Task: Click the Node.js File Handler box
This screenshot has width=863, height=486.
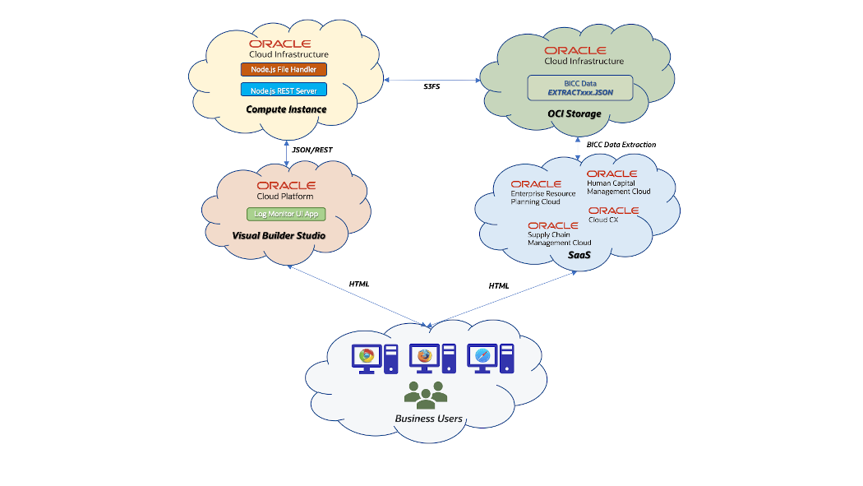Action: [284, 69]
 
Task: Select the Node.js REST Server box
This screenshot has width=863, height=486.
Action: [284, 90]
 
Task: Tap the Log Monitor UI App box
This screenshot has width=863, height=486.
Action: [285, 214]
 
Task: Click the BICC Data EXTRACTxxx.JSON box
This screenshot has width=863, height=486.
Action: [580, 88]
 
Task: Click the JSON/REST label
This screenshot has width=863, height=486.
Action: [312, 150]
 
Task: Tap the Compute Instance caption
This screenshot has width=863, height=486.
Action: [286, 109]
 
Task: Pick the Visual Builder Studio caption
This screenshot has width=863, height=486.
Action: [279, 236]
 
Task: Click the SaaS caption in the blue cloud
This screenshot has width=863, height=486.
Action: [580, 256]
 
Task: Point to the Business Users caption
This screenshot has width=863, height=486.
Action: [428, 419]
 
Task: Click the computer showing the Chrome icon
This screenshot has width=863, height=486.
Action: [367, 358]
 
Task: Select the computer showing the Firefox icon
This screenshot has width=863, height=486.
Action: [424, 358]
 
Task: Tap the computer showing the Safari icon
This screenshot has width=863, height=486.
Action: [482, 358]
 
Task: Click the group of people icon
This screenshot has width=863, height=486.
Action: [426, 395]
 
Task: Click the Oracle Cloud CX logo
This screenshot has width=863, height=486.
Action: [613, 215]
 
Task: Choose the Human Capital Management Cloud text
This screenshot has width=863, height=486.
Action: [618, 187]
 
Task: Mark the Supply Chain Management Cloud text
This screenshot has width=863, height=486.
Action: [559, 238]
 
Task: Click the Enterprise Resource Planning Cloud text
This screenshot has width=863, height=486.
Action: [542, 197]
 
